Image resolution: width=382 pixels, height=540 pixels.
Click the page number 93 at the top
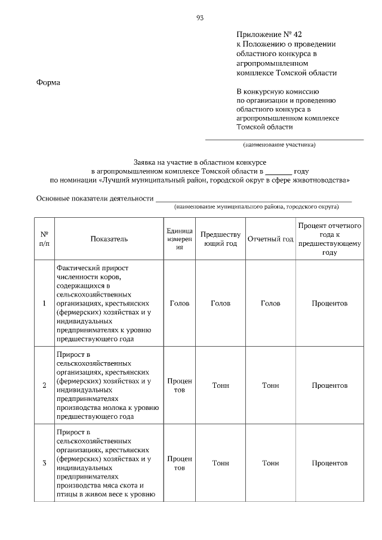pyautogui.click(x=200, y=18)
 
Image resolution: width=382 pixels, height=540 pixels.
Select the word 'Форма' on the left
pyautogui.click(x=48, y=82)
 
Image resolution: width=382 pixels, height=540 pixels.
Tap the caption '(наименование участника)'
pyautogui.click(x=279, y=145)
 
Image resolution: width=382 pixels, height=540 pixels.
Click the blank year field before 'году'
pyautogui.click(x=278, y=170)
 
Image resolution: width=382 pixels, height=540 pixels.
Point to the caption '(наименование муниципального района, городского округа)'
pyautogui.click(x=256, y=207)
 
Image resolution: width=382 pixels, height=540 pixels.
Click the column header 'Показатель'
pyautogui.click(x=109, y=239)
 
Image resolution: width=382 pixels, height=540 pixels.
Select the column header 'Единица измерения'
pyautogui.click(x=180, y=239)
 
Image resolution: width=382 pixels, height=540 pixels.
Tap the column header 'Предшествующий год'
pyautogui.click(x=220, y=239)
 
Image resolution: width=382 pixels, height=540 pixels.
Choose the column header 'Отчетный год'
pyautogui.click(x=270, y=239)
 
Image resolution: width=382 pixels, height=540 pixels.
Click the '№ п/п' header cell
pyautogui.click(x=45, y=239)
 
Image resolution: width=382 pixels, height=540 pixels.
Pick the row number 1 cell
pyautogui.click(x=45, y=303)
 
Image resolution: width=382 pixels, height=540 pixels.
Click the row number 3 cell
pyautogui.click(x=45, y=463)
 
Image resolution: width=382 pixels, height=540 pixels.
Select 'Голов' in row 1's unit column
pyautogui.click(x=180, y=303)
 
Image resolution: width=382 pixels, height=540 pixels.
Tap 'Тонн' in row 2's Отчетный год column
pyautogui.click(x=270, y=385)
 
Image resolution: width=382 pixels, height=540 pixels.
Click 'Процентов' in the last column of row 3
pyautogui.click(x=329, y=463)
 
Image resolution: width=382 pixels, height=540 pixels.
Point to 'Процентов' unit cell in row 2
pyautogui.click(x=180, y=385)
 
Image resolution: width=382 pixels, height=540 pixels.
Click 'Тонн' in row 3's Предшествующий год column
pyautogui.click(x=220, y=463)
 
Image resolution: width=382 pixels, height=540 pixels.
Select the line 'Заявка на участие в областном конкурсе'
pyautogui.click(x=199, y=162)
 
